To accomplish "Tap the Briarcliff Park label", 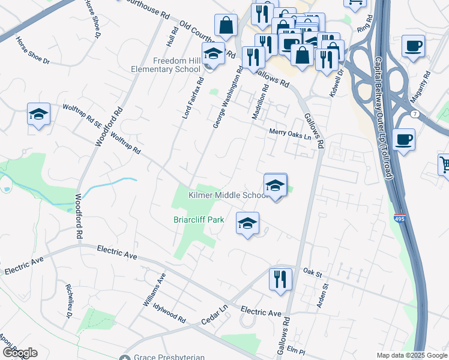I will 199,220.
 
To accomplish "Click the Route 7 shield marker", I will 415,114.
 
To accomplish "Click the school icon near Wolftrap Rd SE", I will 38,114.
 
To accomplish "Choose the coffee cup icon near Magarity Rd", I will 413,46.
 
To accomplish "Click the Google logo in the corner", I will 19,353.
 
